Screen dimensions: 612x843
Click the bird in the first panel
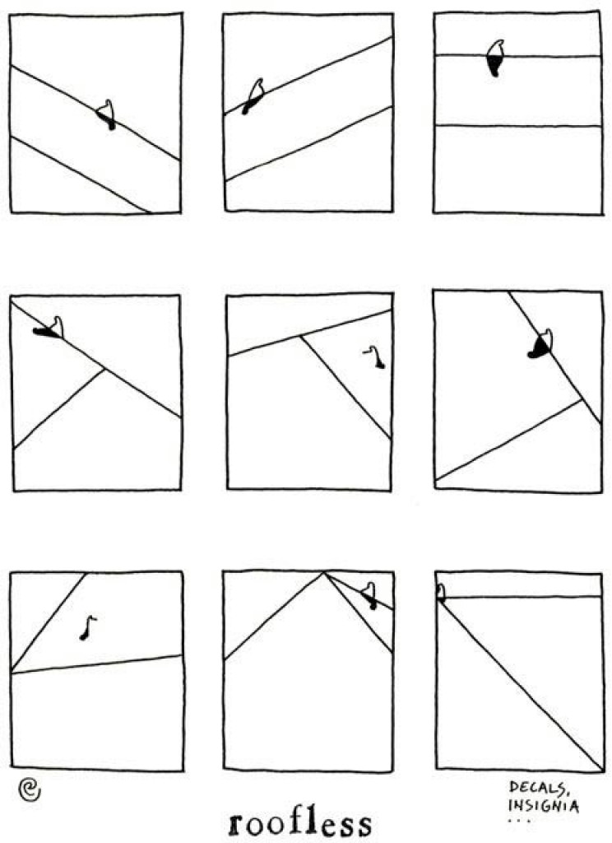point(107,114)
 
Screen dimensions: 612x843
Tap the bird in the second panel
point(253,96)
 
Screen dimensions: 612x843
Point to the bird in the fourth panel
point(50,328)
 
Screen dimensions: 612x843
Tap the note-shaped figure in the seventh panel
point(87,627)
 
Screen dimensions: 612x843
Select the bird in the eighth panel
point(369,596)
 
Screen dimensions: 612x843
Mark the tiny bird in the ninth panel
point(441,593)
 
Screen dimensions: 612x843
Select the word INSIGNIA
point(544,805)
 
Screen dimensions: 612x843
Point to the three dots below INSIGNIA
point(519,821)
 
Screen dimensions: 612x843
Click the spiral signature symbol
point(29,789)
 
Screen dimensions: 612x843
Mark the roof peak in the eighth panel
point(323,573)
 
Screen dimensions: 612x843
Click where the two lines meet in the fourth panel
point(104,369)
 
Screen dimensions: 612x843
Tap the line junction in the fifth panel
point(301,336)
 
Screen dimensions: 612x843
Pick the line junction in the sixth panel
point(582,399)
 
